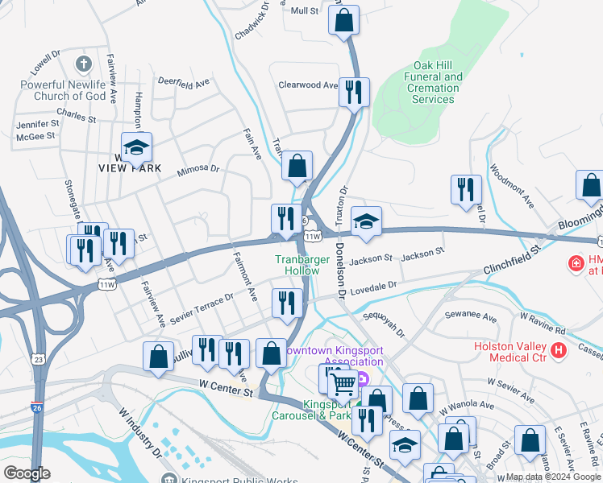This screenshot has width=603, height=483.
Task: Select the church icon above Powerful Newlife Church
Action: click(x=82, y=63)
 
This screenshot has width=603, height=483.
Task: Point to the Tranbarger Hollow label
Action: click(x=297, y=265)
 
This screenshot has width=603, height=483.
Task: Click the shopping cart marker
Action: click(x=343, y=386)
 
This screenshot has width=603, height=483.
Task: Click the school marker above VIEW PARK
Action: click(x=137, y=146)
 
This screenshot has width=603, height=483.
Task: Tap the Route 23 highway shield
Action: click(x=39, y=359)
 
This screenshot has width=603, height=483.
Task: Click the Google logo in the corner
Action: click(x=27, y=473)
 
